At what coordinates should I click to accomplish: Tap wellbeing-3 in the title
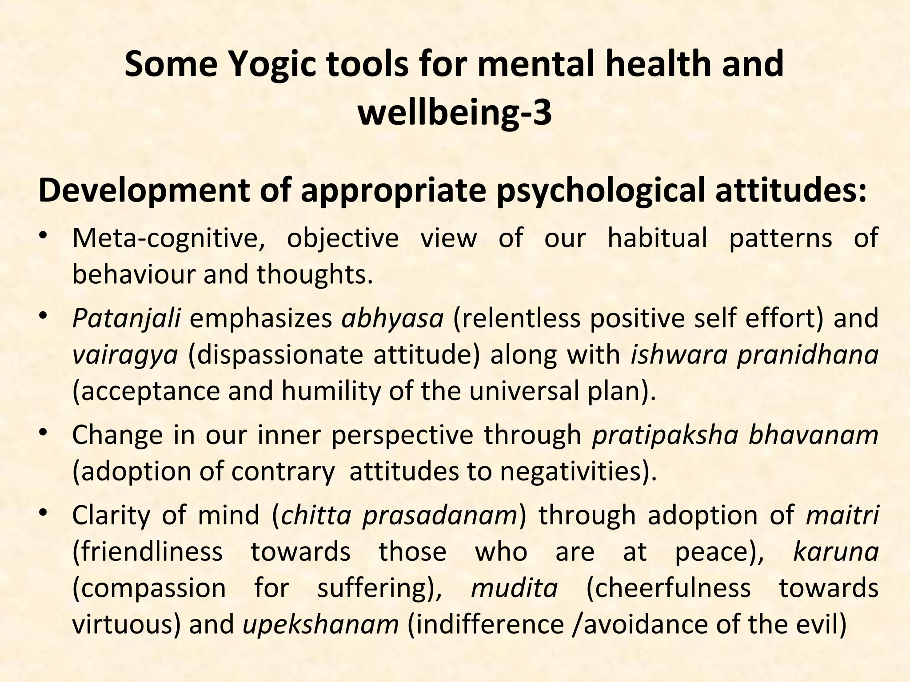coord(455,113)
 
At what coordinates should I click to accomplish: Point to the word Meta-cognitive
coord(169,238)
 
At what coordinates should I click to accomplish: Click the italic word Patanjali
coord(126,318)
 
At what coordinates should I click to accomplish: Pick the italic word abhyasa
coord(392,318)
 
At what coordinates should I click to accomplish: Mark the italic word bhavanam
coord(814,435)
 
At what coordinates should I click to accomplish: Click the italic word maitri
coord(842,515)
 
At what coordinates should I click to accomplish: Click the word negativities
coord(573,472)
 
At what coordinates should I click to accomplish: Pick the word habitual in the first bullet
coord(657,238)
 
